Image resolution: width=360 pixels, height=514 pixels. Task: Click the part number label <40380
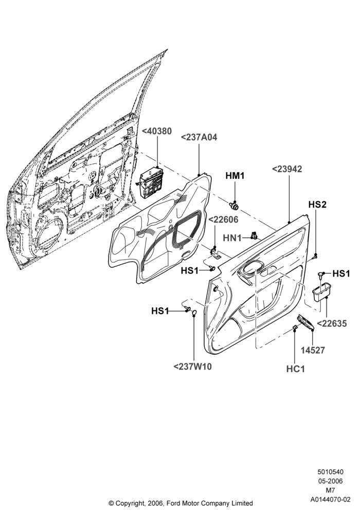point(156,131)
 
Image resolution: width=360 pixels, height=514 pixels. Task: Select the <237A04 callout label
point(199,137)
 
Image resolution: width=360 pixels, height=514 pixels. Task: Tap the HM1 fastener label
point(235,176)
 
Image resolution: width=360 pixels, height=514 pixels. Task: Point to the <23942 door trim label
point(287,169)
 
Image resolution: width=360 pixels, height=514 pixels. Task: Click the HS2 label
point(317,205)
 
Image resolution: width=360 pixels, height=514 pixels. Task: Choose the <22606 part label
point(223,219)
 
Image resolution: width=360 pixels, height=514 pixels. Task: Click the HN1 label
point(232,237)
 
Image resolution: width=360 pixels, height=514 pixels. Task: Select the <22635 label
point(332,323)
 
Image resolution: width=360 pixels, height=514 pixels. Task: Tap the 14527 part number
point(313,350)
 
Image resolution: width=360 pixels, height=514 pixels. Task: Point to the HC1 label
point(295,369)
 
